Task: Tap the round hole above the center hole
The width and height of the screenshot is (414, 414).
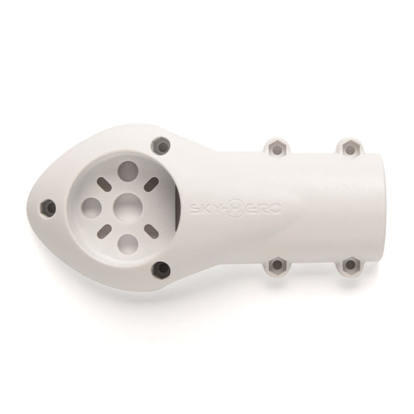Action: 127,170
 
